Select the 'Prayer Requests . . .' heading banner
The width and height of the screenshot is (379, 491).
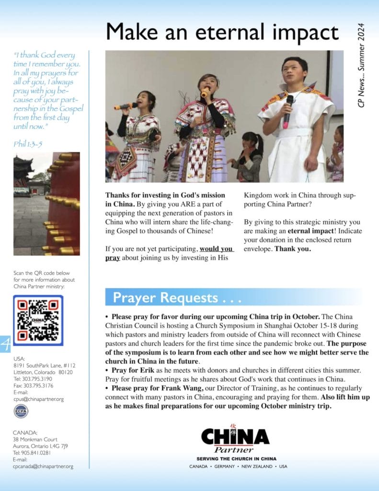click(172, 298)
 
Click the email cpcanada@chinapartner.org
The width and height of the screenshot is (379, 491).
click(43, 466)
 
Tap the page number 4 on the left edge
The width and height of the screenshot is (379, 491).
click(5, 345)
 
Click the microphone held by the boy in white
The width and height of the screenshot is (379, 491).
click(289, 108)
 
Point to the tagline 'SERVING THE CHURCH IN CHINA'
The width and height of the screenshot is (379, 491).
click(233, 459)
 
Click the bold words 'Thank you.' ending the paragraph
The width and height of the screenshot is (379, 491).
click(293, 249)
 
